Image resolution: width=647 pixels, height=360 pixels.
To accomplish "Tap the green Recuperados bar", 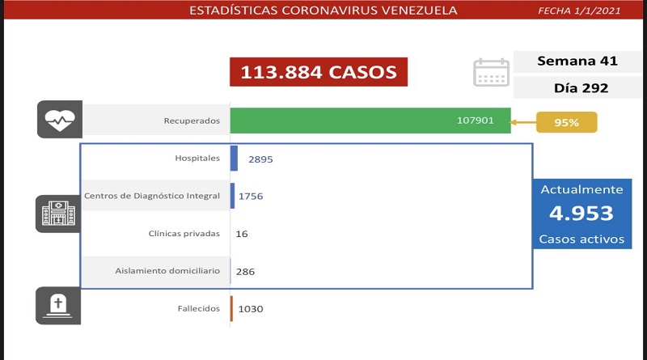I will tap(370, 121).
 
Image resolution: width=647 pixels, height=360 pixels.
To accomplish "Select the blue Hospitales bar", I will tap(234, 159).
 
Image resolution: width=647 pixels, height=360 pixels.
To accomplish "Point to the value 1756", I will tap(251, 197).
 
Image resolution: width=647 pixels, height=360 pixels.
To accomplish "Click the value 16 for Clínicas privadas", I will tap(242, 234).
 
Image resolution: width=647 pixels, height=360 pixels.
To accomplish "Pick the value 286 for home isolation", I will tap(244, 272).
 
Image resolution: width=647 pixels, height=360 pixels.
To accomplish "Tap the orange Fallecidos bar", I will tap(231, 308).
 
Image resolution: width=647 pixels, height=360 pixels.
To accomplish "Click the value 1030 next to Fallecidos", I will tap(251, 309).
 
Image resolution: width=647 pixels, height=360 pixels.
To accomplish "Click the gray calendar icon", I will tap(491, 72).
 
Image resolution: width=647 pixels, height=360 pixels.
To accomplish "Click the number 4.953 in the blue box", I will tap(581, 214).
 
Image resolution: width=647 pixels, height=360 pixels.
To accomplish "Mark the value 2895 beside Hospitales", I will tap(260, 159).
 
